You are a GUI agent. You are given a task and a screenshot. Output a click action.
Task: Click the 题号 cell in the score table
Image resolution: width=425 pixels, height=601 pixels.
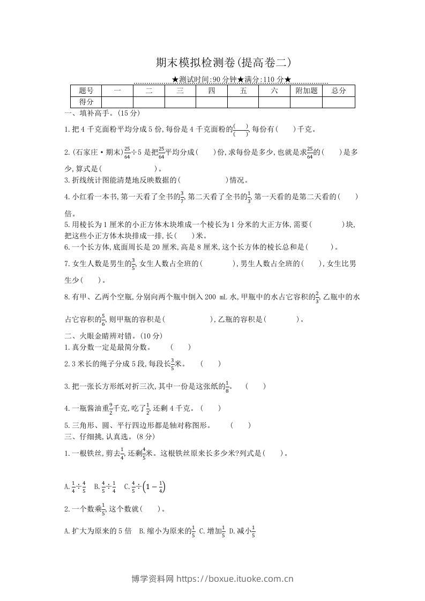click(x=86, y=91)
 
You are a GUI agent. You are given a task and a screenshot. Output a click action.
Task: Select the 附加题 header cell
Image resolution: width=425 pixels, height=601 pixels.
click(x=307, y=91)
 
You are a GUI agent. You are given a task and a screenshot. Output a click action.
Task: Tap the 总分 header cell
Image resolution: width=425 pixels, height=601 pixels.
click(x=339, y=91)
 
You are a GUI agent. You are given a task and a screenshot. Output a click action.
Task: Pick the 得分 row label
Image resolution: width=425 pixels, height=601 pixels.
click(x=86, y=102)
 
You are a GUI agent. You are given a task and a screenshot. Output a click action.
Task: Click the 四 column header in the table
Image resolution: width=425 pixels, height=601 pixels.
click(x=211, y=91)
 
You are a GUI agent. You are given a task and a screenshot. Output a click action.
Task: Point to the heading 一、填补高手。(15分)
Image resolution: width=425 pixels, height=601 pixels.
click(x=102, y=113)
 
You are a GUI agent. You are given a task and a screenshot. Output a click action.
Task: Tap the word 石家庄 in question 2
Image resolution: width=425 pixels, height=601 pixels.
click(x=85, y=152)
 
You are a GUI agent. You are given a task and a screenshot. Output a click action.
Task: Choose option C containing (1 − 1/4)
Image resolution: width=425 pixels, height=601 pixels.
click(x=145, y=487)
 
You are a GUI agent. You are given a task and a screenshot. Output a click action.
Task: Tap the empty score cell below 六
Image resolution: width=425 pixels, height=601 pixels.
click(x=274, y=102)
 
